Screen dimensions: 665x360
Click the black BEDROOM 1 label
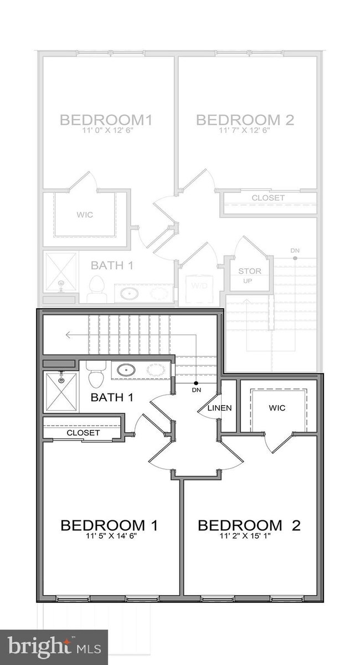point(109,525)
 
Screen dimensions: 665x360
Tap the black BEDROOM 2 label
point(249,525)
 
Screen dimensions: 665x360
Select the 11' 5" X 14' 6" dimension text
point(109,536)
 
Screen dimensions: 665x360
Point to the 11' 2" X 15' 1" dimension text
point(249,536)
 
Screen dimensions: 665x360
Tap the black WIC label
point(277,408)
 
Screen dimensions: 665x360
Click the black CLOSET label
point(83,433)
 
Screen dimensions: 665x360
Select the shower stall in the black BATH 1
point(61,391)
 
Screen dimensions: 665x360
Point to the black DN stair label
point(196,390)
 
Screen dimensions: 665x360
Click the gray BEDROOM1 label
point(106,119)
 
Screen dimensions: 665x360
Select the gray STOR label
point(250,271)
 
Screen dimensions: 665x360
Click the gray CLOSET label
point(268,198)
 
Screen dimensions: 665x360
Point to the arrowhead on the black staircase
point(67,335)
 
